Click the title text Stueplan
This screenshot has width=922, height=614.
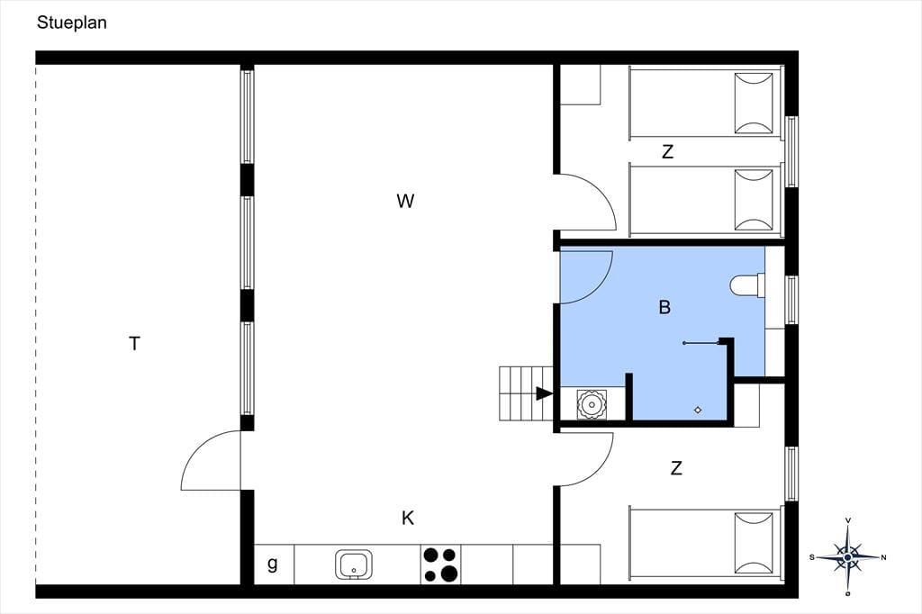pos(72,23)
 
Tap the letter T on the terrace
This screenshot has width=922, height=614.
pos(135,344)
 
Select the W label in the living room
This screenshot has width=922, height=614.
pos(405,201)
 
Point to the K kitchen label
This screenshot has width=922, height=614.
pos(408,519)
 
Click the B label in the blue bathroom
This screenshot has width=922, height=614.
pos(665,307)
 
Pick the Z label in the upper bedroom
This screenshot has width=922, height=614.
pos(667,152)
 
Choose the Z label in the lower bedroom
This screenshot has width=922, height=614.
pos(676,468)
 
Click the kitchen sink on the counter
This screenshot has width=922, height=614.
pos(354,564)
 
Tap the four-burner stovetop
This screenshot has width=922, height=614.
pos(440,564)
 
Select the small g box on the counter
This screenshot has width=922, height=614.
pos(272,564)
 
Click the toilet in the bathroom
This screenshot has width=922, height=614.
pos(747,286)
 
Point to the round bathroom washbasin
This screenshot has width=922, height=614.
pos(592,404)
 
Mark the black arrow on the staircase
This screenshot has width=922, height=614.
pos(544,393)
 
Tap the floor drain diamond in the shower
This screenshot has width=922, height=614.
pos(698,410)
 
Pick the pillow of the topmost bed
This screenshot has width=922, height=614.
pos(754,104)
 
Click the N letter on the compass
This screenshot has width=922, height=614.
pos(883,557)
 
